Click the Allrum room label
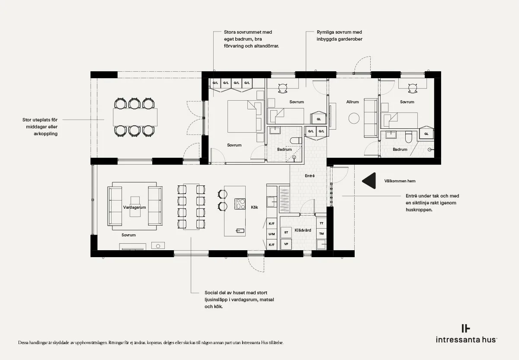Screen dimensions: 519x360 click(352, 102)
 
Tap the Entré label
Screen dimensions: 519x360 click(310, 176)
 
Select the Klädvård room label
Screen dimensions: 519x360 click(303, 230)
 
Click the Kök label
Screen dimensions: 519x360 click(254, 207)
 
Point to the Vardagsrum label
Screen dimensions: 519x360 click(135, 207)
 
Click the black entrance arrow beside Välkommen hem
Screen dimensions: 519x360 click(369, 181)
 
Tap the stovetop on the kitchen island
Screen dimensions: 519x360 click(240, 204)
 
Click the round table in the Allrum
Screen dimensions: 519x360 click(354, 118)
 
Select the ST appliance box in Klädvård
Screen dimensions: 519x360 click(286, 232)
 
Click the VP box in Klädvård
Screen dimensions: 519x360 click(286, 244)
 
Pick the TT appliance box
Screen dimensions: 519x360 click(321, 223)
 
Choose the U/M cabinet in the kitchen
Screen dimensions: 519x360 click(272, 234)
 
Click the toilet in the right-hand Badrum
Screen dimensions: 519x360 click(408, 137)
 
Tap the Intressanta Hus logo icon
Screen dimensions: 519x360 click(466, 328)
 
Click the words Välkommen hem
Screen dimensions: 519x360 click(400, 181)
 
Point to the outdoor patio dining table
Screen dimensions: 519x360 click(135, 117)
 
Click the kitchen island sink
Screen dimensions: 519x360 click(240, 230)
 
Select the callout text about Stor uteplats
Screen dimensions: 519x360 click(40, 127)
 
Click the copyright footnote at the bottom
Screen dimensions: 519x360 click(151, 342)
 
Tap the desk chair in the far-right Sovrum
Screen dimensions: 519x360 click(413, 88)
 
